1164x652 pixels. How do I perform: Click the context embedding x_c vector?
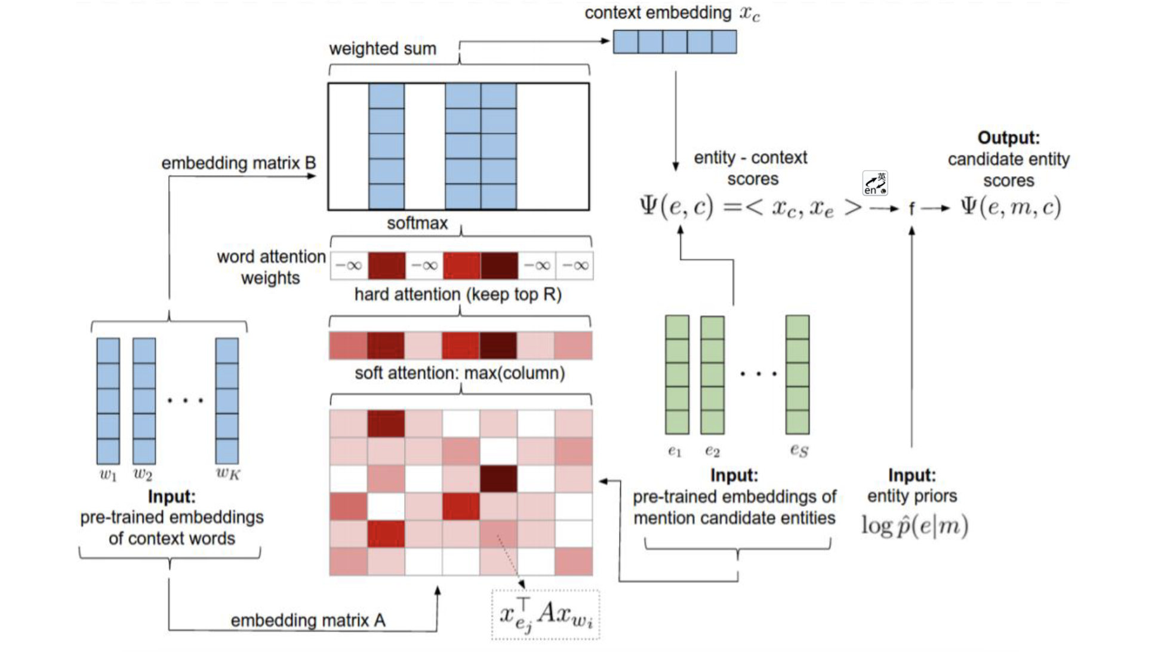(675, 42)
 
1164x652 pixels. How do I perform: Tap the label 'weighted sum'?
(383, 49)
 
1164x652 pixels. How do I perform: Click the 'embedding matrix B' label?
(238, 163)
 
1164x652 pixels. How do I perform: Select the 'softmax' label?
(417, 223)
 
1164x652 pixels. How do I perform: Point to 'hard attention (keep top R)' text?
(458, 294)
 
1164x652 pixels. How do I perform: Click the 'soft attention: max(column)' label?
(460, 373)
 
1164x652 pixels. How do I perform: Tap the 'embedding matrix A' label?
(308, 621)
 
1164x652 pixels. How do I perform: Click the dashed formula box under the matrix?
(546, 615)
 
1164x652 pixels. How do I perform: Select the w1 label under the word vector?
(108, 475)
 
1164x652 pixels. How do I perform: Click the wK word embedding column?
(227, 401)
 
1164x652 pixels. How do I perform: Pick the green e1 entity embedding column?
(677, 374)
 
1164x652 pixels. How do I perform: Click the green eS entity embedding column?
(797, 374)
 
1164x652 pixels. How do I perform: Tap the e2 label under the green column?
(712, 451)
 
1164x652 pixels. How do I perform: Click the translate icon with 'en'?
(875, 183)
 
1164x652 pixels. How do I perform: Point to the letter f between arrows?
(912, 208)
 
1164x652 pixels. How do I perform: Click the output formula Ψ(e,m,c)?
(1011, 207)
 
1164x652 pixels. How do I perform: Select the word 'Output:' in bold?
(1008, 138)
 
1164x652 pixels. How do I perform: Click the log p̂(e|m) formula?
(914, 525)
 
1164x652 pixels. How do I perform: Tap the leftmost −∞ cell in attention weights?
(349, 266)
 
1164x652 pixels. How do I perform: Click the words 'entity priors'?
(912, 496)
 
